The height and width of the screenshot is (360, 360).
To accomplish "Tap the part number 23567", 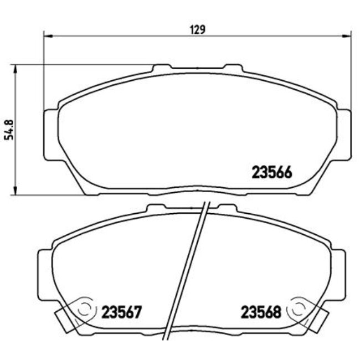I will click(x=121, y=312).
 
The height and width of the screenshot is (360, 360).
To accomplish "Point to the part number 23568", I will click(x=261, y=312).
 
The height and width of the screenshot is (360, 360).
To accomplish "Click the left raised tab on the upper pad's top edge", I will click(x=162, y=68).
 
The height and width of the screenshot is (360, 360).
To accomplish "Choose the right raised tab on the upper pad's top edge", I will click(x=232, y=68).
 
